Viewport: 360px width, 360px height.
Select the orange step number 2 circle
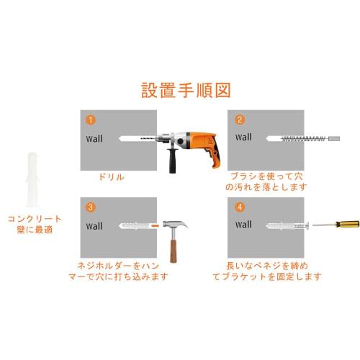pos(240,120)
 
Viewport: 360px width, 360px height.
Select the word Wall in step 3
pos(94,225)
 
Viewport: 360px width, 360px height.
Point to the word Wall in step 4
pos(243,225)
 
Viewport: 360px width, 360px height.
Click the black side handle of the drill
pos(173,163)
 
